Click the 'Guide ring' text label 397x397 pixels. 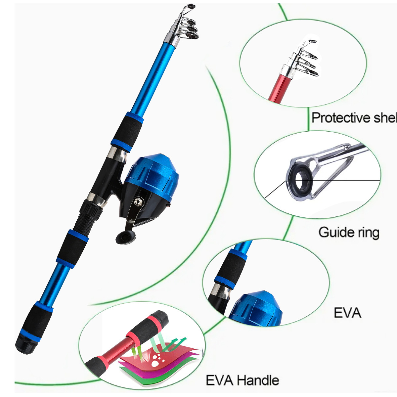pyautogui.click(x=349, y=232)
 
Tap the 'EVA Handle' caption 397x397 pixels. pyautogui.click(x=242, y=380)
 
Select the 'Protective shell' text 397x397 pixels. pyautogui.click(x=353, y=117)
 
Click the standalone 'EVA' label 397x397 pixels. pyautogui.click(x=347, y=313)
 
